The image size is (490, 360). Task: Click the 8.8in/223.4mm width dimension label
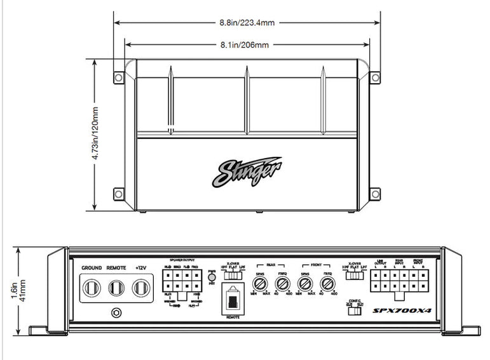coord(247,22)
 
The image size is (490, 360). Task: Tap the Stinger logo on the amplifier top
coord(250,171)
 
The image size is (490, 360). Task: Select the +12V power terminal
coord(140,288)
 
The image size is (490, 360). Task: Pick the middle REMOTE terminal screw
coord(116,288)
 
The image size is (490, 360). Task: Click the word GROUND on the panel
coord(92,269)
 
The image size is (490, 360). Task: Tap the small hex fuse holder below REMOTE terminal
coord(116,312)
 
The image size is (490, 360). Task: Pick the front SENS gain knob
coord(306,284)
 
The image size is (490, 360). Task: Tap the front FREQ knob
coord(327,284)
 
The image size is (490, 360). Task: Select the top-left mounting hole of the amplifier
coord(118,77)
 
